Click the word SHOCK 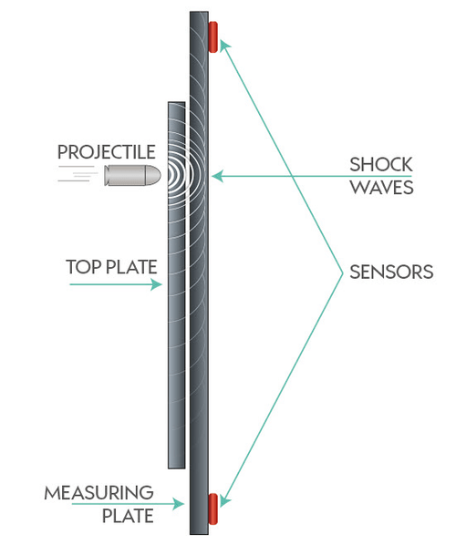pyautogui.click(x=381, y=165)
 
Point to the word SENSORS pyautogui.click(x=391, y=272)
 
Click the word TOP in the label pyautogui.click(x=80, y=268)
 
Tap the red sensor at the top pyautogui.click(x=213, y=36)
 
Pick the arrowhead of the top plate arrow pyautogui.click(x=161, y=284)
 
